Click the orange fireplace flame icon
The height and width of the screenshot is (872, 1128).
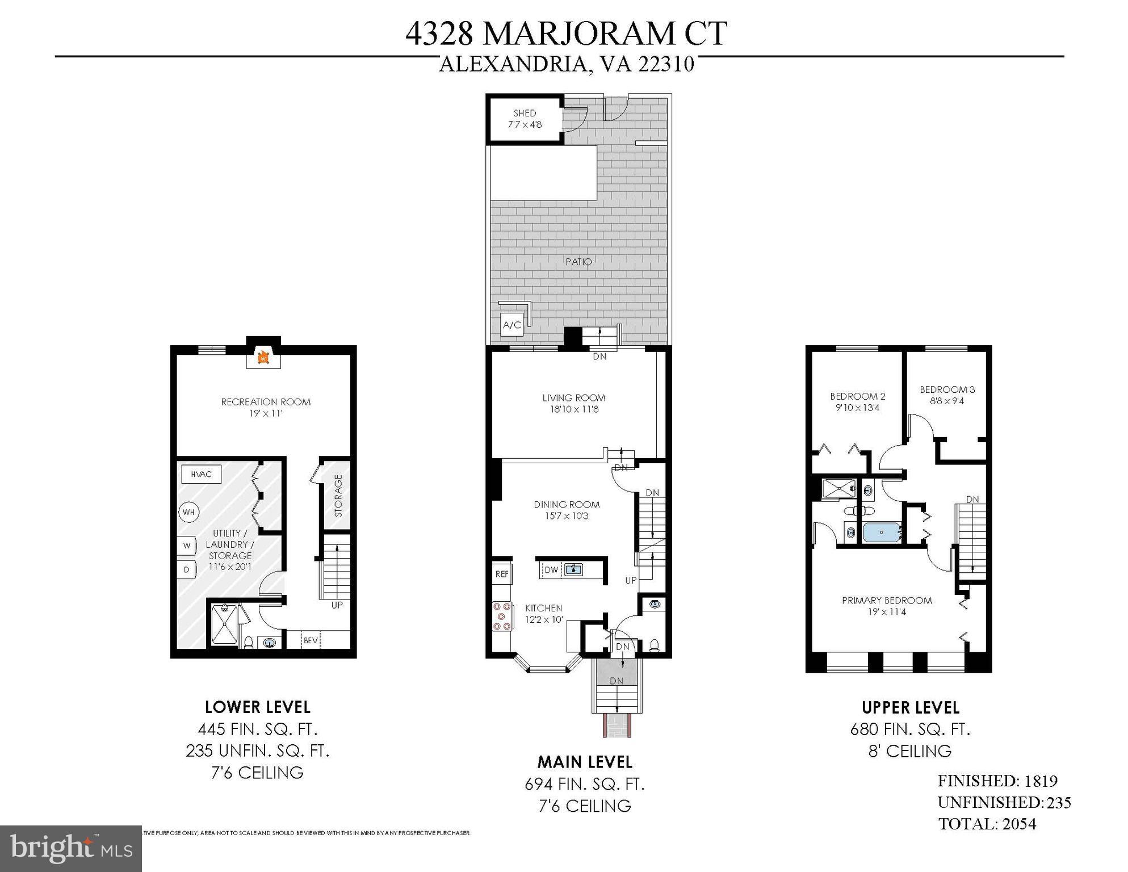pos(263,358)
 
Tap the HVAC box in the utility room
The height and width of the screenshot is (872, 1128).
pos(201,474)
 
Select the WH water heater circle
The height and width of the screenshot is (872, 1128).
pos(189,512)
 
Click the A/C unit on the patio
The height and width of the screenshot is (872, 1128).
pos(511,325)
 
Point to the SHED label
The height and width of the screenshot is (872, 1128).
pos(525,113)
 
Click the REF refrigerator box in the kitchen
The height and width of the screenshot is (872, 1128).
pos(502,574)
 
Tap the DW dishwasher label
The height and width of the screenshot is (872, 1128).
pos(551,570)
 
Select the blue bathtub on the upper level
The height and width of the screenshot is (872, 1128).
pos(882,533)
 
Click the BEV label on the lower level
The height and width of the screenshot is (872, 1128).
pos(311,640)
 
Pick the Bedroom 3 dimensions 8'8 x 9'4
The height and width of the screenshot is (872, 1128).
pos(947,401)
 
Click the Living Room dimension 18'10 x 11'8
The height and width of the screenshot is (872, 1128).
pos(573,409)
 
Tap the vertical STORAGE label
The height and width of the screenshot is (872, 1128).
pos(338,496)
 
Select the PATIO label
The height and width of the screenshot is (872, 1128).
pos(578,262)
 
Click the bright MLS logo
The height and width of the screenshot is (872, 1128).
pos(71,849)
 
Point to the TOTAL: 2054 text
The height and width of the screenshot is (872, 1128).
pos(987,824)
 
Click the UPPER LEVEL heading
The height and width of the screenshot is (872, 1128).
pos(911,707)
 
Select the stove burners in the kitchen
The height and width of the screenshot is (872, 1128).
pos(502,617)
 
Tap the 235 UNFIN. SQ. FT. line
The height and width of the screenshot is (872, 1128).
pos(257,751)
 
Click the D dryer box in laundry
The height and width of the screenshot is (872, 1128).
pos(186,569)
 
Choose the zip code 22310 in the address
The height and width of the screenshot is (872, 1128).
pos(666,64)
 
